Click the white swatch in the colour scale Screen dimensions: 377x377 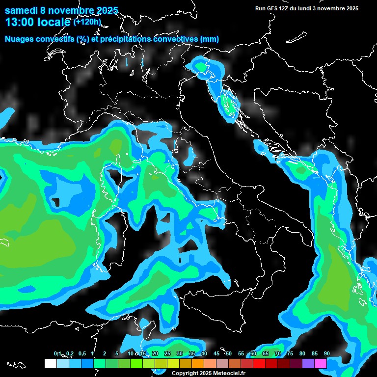[x=50, y=363]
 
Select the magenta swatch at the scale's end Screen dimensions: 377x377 [x=321, y=363]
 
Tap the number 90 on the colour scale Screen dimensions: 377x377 [x=326, y=353]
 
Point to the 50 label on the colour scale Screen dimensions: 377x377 [x=229, y=353]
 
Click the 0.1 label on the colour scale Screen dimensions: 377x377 [x=57, y=353]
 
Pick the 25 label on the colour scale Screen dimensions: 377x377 [x=167, y=353]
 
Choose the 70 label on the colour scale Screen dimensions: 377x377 [x=278, y=353]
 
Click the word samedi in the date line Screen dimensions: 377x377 [x=22, y=10]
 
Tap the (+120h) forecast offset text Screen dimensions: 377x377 [x=87, y=22]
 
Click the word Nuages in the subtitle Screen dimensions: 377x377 [x=19, y=39]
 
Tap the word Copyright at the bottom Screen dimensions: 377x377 [x=185, y=373]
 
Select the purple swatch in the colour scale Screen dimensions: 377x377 [x=308, y=363]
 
